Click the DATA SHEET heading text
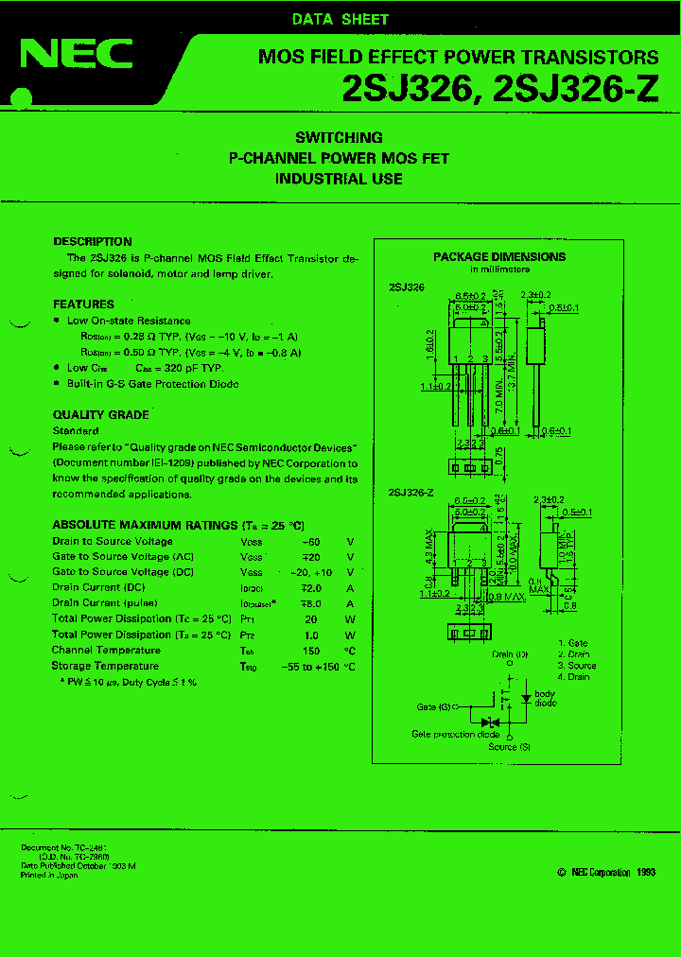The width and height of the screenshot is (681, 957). pyautogui.click(x=340, y=19)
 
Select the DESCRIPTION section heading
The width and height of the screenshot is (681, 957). pyautogui.click(x=93, y=241)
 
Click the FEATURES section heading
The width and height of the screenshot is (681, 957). pyautogui.click(x=83, y=304)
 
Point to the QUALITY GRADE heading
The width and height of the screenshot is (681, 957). pyautogui.click(x=100, y=414)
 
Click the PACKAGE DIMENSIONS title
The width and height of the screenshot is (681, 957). pyautogui.click(x=499, y=256)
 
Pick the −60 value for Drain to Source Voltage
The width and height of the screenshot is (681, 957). pyautogui.click(x=310, y=542)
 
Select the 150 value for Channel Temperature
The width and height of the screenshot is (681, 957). pyautogui.click(x=310, y=651)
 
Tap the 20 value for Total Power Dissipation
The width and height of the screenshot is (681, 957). pyautogui.click(x=310, y=619)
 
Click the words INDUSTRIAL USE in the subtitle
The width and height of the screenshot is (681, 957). pyautogui.click(x=339, y=179)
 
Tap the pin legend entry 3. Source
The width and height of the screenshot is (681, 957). pyautogui.click(x=576, y=666)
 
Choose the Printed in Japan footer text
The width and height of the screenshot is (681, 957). pyautogui.click(x=49, y=876)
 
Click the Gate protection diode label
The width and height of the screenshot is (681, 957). pyautogui.click(x=455, y=734)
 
